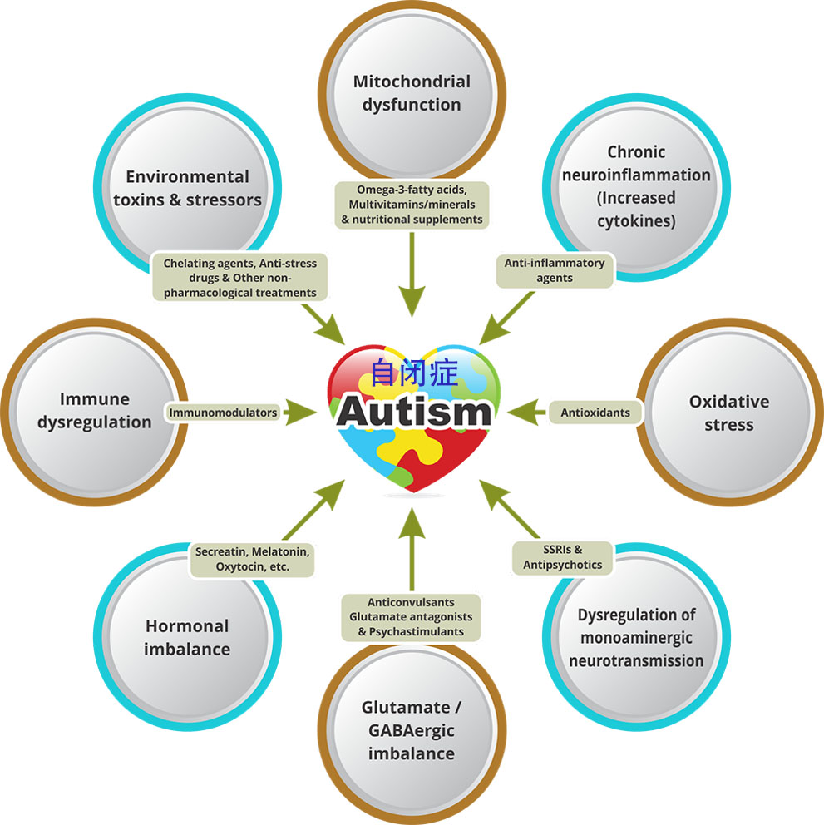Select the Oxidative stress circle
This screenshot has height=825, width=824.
pos(728,412)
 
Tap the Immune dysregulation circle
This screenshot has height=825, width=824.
pos(94,411)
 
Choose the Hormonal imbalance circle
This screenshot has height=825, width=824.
pos(186,636)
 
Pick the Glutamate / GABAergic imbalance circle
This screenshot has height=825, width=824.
pos(412,730)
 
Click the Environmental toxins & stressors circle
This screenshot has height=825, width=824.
pos(187,188)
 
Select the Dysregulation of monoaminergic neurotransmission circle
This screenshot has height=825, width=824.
pos(636,638)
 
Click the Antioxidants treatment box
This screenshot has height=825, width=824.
pos(595,412)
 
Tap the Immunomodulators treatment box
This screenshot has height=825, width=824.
pos(223,412)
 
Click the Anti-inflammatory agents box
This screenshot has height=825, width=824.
pos(555,270)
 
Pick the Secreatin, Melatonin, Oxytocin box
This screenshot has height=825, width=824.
pos(252,559)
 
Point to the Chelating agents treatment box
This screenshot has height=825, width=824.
pos(239,278)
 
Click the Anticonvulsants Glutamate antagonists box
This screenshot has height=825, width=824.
pos(412,616)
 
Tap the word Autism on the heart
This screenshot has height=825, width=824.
pos(412,411)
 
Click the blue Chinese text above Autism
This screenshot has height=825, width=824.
pos(413,372)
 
